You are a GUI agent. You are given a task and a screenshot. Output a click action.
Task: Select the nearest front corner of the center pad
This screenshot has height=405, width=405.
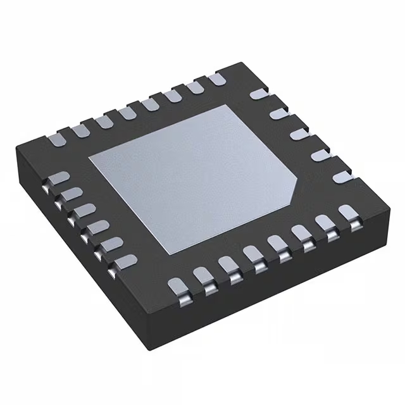click(168, 254)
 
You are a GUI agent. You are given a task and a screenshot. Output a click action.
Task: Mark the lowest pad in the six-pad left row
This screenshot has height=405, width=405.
click(126, 259)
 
